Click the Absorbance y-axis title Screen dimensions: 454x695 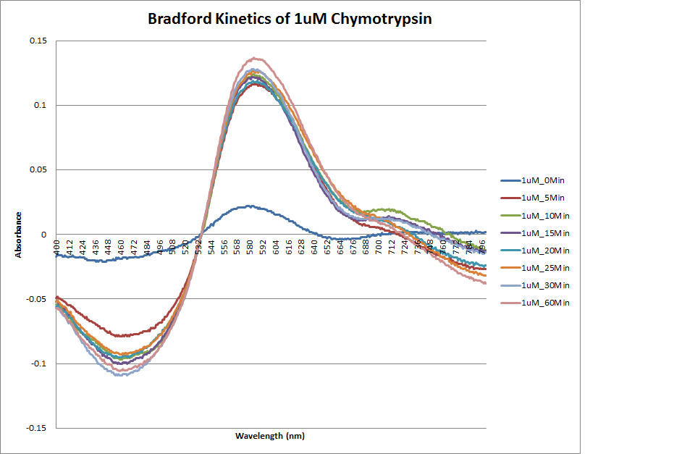click(x=19, y=234)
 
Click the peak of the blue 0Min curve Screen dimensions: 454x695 click(x=248, y=206)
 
